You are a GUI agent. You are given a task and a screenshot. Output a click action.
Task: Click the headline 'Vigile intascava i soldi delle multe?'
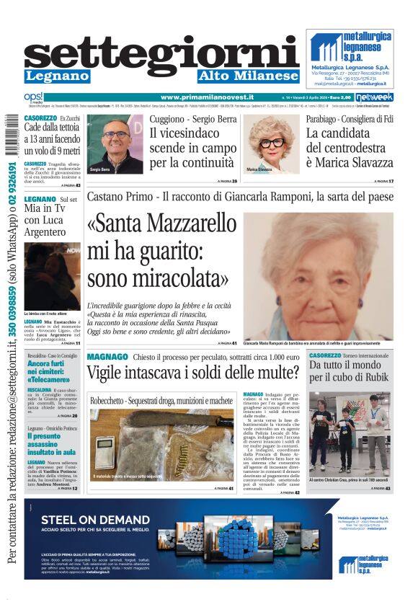(193, 373)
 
